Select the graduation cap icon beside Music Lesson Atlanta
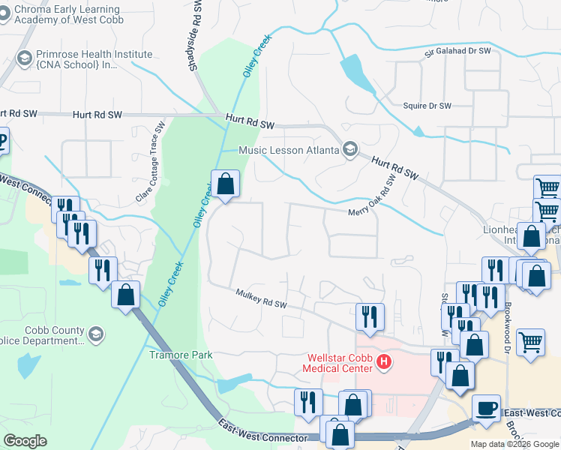[x=349, y=150]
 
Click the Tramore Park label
[x=180, y=355]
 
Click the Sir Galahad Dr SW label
[x=457, y=52]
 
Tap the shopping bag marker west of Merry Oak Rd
[x=225, y=184]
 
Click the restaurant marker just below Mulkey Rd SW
[x=370, y=316]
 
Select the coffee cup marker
[x=487, y=408]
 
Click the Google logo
[x=25, y=441]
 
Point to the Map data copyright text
[x=514, y=444]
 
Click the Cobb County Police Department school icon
[x=95, y=334]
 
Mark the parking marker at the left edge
[x=1, y=140]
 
